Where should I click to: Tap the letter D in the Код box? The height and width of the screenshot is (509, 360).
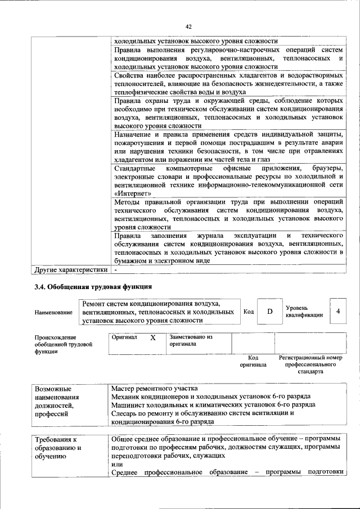(270, 312)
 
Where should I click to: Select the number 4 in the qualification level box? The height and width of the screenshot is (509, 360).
(337, 312)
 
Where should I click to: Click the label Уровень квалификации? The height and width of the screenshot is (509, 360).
(304, 312)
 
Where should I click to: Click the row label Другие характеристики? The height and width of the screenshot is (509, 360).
(71, 269)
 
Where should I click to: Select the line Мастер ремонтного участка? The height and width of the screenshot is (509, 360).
(155, 389)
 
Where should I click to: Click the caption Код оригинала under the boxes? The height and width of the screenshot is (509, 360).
(253, 361)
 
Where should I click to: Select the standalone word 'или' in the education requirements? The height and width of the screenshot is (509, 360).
(116, 464)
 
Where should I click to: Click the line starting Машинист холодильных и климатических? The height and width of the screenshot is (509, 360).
(213, 404)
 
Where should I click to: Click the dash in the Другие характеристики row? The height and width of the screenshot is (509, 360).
(116, 269)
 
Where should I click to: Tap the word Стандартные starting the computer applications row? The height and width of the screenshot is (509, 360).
(133, 169)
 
